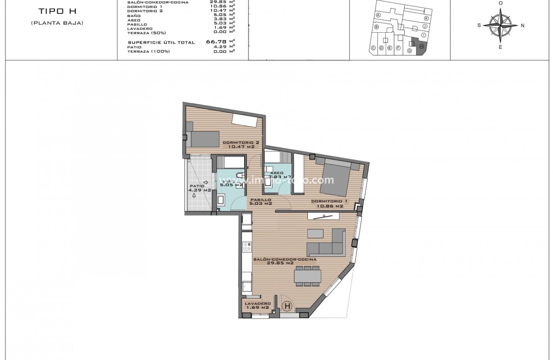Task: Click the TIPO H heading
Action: (x=57, y=11)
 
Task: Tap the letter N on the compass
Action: (x=522, y=26)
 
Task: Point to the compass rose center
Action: (x=500, y=25)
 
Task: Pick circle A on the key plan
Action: (x=378, y=15)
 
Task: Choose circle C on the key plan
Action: (x=373, y=48)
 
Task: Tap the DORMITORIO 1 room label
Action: (x=327, y=202)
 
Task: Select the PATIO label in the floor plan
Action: (x=197, y=186)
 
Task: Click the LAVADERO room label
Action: (x=257, y=303)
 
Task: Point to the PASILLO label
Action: (x=261, y=200)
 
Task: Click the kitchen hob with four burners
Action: (x=247, y=247)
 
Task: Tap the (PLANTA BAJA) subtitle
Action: (x=57, y=23)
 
